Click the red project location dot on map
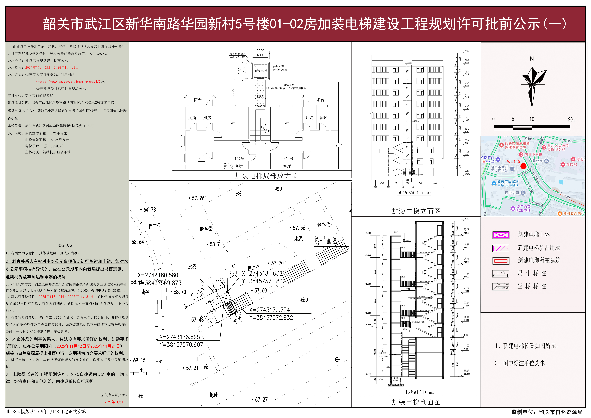pos(523,166)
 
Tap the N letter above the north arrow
pos(531,59)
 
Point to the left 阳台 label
pos(198,100)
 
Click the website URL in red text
pos(68,82)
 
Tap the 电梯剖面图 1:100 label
pos(419,392)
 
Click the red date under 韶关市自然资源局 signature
pos(116,402)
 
